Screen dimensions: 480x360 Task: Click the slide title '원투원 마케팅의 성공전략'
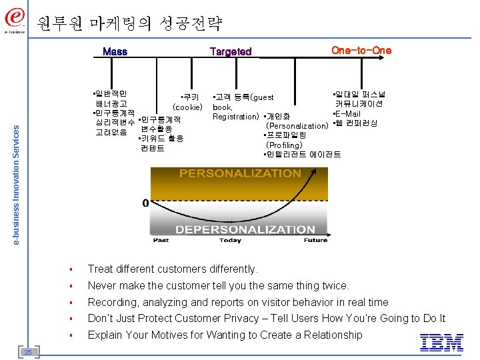129,24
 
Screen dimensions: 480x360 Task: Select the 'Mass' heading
115,51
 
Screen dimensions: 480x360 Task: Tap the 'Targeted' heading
231,51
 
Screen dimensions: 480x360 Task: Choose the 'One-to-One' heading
361,50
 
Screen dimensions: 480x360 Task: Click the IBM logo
441,342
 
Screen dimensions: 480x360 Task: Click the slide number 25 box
28,351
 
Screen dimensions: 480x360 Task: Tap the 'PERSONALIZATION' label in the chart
240,173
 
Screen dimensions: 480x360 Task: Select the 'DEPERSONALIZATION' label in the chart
245,229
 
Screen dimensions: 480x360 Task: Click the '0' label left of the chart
145,203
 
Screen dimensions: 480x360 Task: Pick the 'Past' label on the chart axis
161,240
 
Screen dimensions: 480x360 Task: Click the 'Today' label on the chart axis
230,240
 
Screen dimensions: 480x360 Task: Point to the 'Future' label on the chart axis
315,240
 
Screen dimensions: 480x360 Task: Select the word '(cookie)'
187,107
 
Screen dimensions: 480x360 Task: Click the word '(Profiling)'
284,145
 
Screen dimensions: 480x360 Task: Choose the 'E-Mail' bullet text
347,114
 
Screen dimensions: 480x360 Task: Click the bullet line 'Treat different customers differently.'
172,269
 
